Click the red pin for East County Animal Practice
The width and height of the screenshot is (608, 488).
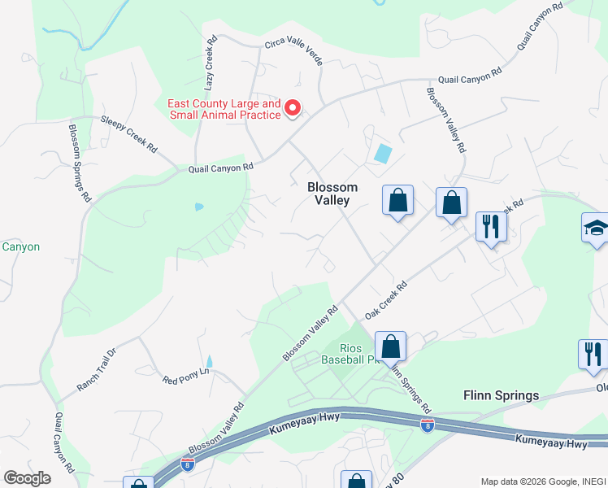click(x=293, y=107)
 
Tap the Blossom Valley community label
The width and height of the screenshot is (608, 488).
click(x=332, y=194)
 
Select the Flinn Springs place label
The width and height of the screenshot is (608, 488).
click(x=501, y=396)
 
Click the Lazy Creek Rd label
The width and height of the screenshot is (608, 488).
click(x=210, y=63)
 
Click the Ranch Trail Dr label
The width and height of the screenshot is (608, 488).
click(x=98, y=370)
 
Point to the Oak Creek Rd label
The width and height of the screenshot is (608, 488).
click(x=385, y=300)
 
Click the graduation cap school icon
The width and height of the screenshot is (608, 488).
click(x=596, y=228)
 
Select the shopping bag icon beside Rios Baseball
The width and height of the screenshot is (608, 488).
click(x=391, y=345)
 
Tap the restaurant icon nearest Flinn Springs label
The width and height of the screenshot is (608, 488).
click(x=593, y=355)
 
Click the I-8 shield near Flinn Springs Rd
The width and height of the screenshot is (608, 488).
click(x=428, y=425)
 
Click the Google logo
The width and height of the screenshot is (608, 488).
click(x=27, y=478)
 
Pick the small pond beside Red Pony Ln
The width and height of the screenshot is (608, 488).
click(x=209, y=360)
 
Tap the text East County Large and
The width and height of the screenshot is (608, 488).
click(x=224, y=104)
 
